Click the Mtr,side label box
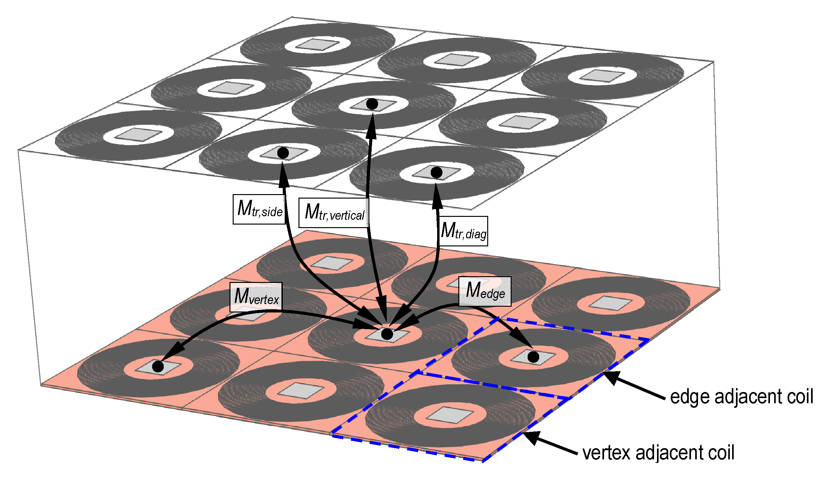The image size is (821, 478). pyautogui.click(x=259, y=209)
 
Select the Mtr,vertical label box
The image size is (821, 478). pyautogui.click(x=334, y=213)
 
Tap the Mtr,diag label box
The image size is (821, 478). pyautogui.click(x=463, y=231)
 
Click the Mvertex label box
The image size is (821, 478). pyautogui.click(x=256, y=297)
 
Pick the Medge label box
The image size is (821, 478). pyautogui.click(x=485, y=291)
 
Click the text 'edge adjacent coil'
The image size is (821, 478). pyautogui.click(x=741, y=397)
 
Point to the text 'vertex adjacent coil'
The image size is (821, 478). pyautogui.click(x=658, y=453)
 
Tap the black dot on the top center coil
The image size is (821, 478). pyautogui.click(x=372, y=104)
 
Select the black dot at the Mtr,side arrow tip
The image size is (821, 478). pyautogui.click(x=283, y=153)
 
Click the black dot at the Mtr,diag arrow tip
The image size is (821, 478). pyautogui.click(x=436, y=173)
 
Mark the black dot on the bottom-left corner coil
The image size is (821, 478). pyautogui.click(x=158, y=367)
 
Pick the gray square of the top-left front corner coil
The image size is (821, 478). pyautogui.click(x=138, y=134)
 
